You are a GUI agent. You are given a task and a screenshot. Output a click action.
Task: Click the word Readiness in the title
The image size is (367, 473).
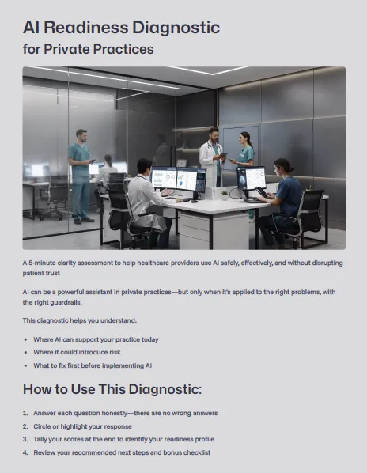[86, 28]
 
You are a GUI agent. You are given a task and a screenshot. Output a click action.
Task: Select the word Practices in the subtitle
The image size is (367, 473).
[123, 49]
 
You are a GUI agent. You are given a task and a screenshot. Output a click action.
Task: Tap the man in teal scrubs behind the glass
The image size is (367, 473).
[80, 176]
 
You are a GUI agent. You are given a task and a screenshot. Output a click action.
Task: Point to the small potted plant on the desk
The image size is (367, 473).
[225, 195]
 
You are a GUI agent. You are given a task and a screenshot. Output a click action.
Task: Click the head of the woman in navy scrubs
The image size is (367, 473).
[284, 167]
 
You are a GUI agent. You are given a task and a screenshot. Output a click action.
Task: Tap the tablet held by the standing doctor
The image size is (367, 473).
[222, 156]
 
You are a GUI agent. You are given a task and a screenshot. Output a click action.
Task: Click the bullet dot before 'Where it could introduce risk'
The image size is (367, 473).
[26, 353]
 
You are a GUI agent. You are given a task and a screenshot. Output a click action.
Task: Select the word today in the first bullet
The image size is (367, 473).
[149, 339]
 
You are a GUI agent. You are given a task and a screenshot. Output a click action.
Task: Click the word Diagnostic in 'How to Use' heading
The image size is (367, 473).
[165, 389]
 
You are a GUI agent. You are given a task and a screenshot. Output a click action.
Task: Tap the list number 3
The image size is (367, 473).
[25, 439]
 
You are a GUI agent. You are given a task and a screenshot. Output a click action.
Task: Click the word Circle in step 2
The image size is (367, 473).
[42, 426]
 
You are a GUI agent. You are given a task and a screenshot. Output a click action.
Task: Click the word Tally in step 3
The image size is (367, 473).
[40, 439]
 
